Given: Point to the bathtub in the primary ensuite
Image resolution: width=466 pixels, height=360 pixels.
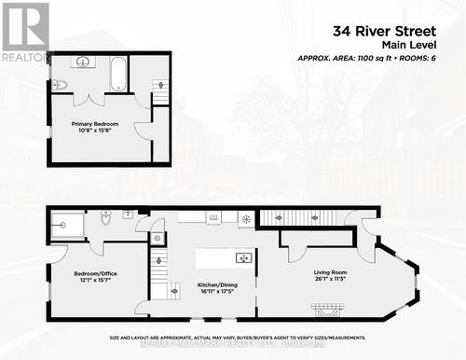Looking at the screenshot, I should point(118,75).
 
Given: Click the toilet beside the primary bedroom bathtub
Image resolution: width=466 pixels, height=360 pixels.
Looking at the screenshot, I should point(60,85).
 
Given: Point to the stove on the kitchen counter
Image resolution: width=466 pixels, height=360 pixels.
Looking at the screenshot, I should point(214,217).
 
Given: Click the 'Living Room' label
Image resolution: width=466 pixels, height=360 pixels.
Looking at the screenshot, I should point(329,271).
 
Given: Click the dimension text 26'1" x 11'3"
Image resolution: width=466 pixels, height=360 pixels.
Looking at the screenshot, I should point(329,279).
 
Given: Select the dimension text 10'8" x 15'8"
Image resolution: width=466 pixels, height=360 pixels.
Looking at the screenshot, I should point(95,131).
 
